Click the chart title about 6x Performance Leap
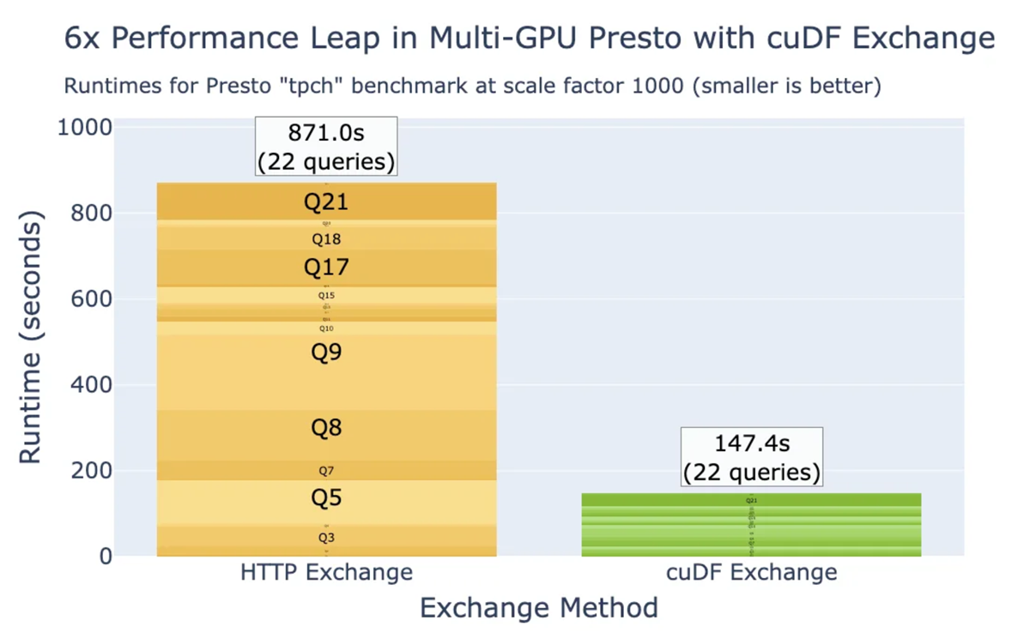point(530,39)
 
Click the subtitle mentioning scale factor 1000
point(472,87)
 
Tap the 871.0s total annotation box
point(326,146)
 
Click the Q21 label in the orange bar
point(326,202)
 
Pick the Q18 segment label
point(326,239)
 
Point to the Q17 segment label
point(326,268)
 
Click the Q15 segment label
point(326,296)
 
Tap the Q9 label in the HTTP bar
point(326,352)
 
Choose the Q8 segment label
point(326,427)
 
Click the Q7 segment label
point(326,471)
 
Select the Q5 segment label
point(326,498)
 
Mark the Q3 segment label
point(326,538)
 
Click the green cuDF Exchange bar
point(751,525)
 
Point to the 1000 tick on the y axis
point(84,128)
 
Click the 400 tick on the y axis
point(90,385)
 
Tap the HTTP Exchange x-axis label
point(326,572)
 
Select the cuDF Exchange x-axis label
point(751,572)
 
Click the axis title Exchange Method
point(538,608)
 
